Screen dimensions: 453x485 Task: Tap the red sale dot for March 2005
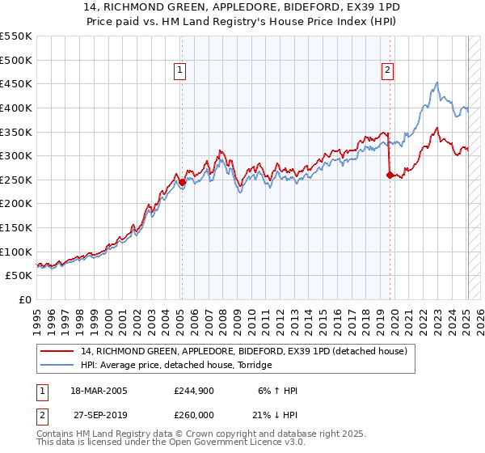click(x=182, y=182)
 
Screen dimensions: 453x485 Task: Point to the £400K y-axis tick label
click(x=16, y=108)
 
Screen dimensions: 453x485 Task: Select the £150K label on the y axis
click(x=16, y=227)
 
